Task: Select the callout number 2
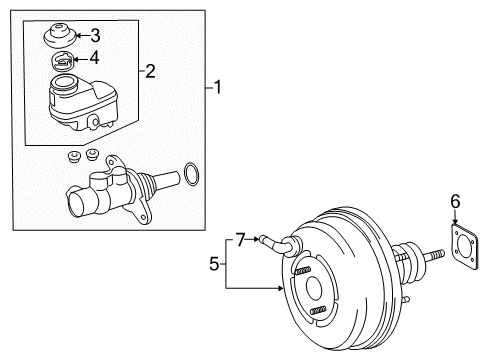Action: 151,70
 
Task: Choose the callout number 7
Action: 240,237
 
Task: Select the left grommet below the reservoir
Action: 73,158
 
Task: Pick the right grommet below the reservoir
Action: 94,154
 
